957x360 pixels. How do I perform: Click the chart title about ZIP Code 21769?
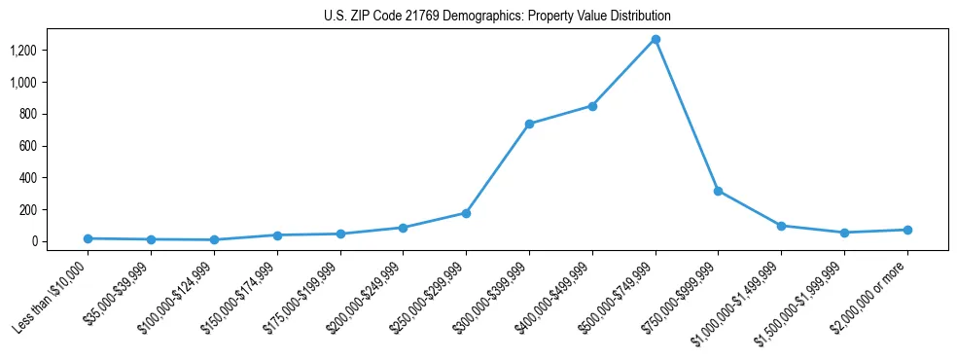497,17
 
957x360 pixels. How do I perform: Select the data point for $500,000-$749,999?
656,40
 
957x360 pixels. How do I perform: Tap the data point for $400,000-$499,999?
592,106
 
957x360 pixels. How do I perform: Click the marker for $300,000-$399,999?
529,124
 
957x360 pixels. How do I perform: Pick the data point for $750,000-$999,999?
718,191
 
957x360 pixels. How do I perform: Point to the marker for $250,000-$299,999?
466,213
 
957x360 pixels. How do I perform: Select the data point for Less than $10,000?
89,238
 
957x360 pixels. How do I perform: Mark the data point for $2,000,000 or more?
907,230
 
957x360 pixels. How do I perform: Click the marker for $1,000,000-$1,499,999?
781,226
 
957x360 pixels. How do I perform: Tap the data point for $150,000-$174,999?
277,235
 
